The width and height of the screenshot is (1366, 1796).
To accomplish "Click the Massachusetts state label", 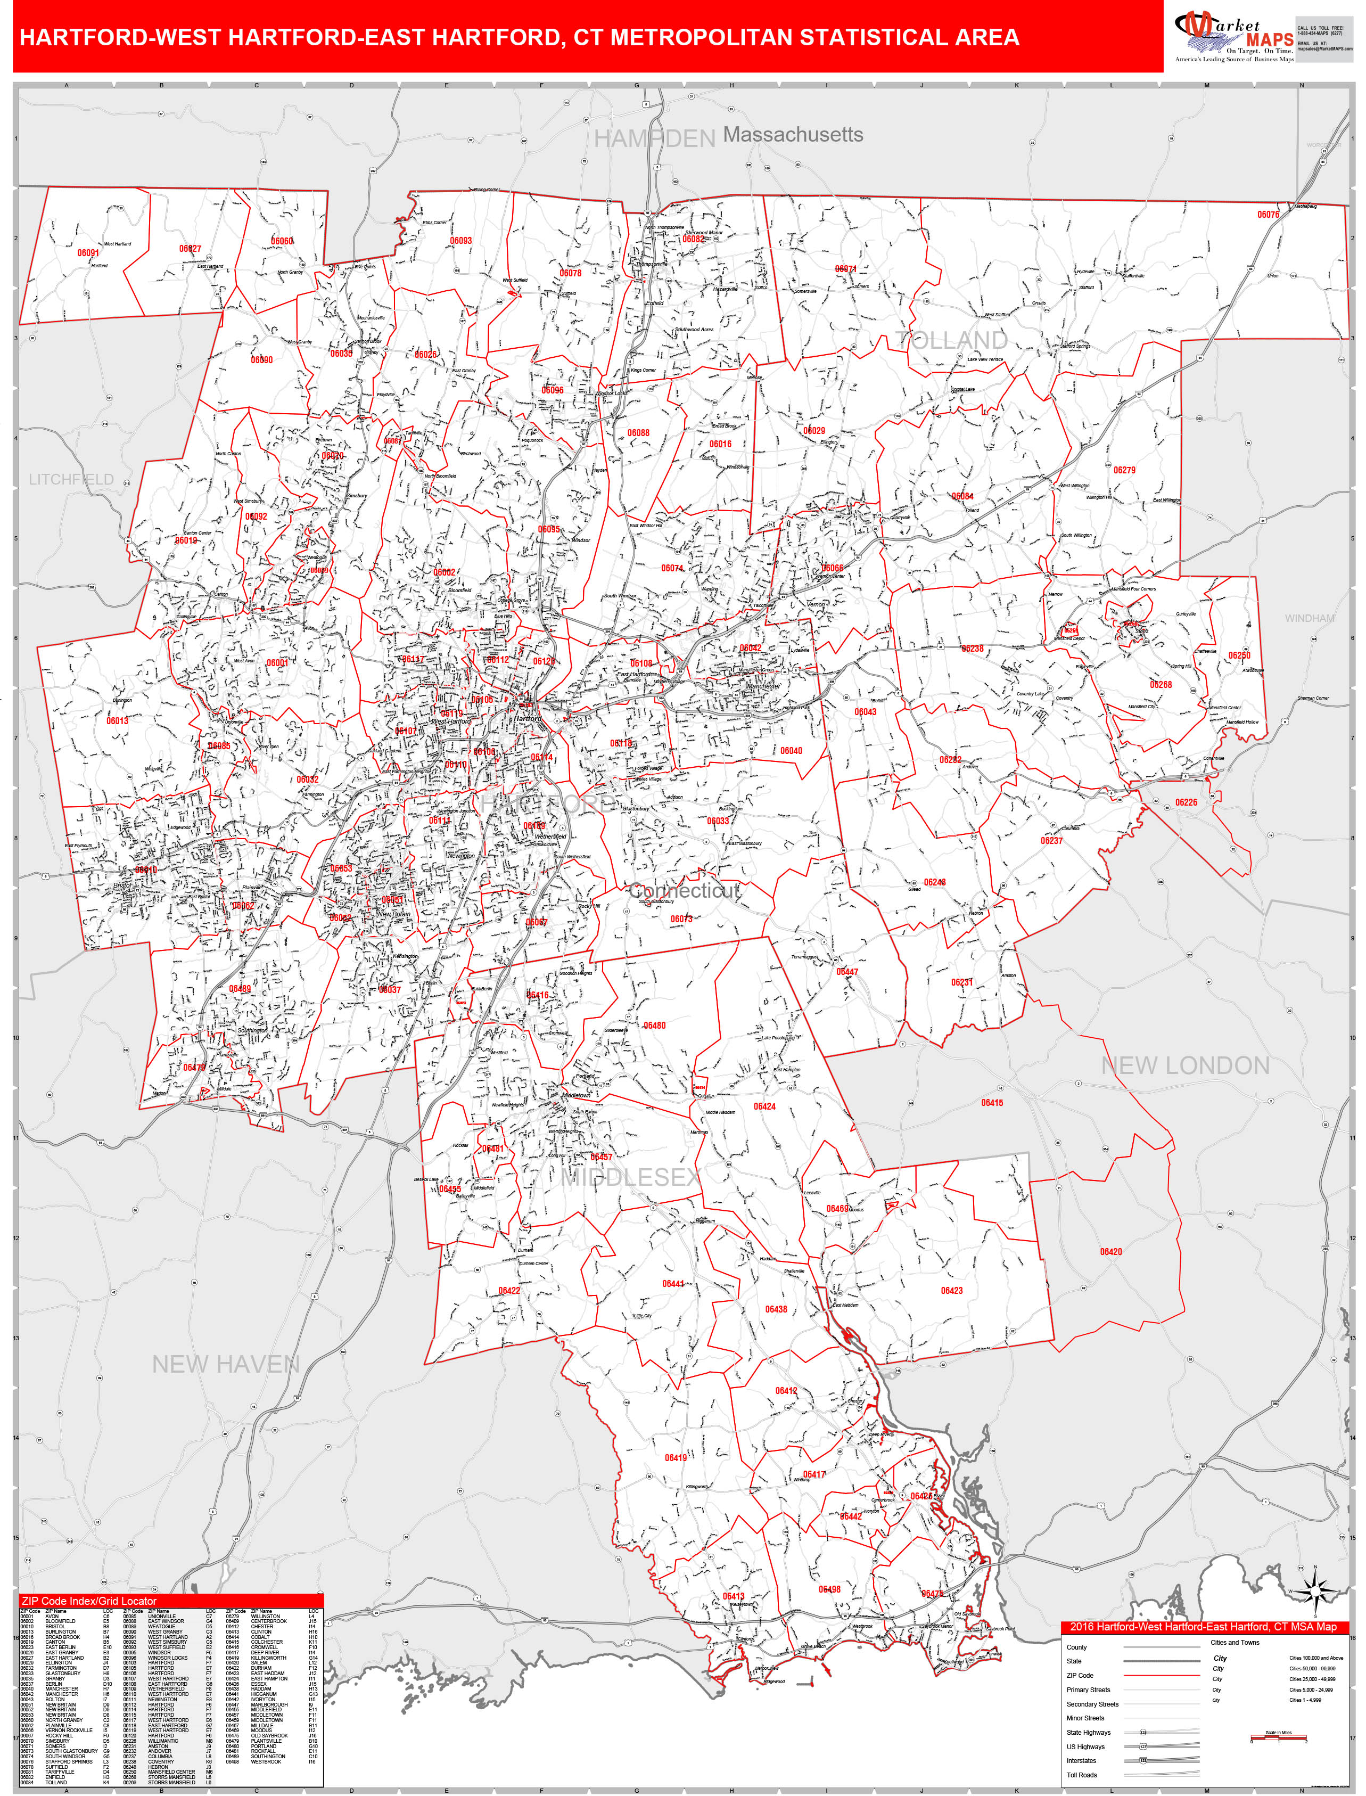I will (793, 134).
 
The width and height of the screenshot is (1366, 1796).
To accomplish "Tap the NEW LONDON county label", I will (1184, 1066).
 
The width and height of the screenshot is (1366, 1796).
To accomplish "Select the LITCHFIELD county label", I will (71, 480).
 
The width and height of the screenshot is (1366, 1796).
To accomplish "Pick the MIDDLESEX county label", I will (630, 1176).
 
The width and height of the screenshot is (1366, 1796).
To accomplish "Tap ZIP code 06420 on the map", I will (1110, 1251).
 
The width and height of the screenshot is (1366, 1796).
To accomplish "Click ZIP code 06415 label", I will (992, 1103).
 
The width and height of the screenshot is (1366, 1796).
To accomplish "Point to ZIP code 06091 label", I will (88, 253).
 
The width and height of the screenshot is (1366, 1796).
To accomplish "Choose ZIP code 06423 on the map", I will (951, 1290).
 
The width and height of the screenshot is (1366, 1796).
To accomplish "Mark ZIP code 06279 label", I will (1124, 470).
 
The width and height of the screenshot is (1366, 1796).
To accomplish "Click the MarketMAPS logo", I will (1233, 37).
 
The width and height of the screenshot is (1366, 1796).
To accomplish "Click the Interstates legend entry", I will (1081, 1760).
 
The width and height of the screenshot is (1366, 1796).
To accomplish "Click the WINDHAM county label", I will (1309, 619).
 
